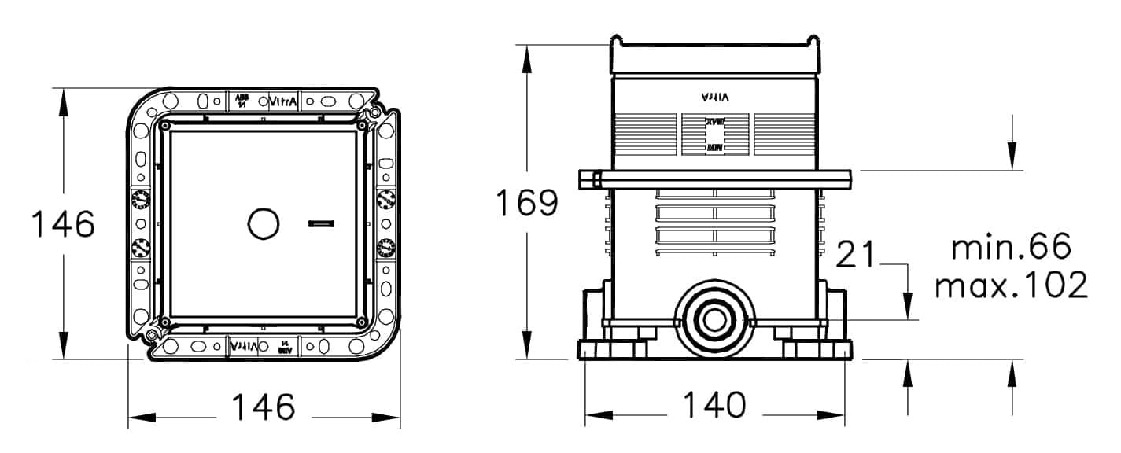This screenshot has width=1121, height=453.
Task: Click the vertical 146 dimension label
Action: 62,225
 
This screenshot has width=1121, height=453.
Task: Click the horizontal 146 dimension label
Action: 264,407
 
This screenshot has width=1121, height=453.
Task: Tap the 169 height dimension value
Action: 526,203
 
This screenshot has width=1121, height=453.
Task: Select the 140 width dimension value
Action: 714,406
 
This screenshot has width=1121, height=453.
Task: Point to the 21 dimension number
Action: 856,255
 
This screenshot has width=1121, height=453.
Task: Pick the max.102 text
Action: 1011,285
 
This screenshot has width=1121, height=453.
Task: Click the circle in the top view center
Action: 264,224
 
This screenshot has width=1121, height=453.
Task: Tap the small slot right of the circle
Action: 321,224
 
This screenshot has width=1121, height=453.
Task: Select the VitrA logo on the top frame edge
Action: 283,101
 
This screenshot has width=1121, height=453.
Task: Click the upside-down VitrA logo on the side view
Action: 714,97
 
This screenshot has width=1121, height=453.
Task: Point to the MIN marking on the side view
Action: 714,147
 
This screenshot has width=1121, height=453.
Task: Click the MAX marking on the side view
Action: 714,123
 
